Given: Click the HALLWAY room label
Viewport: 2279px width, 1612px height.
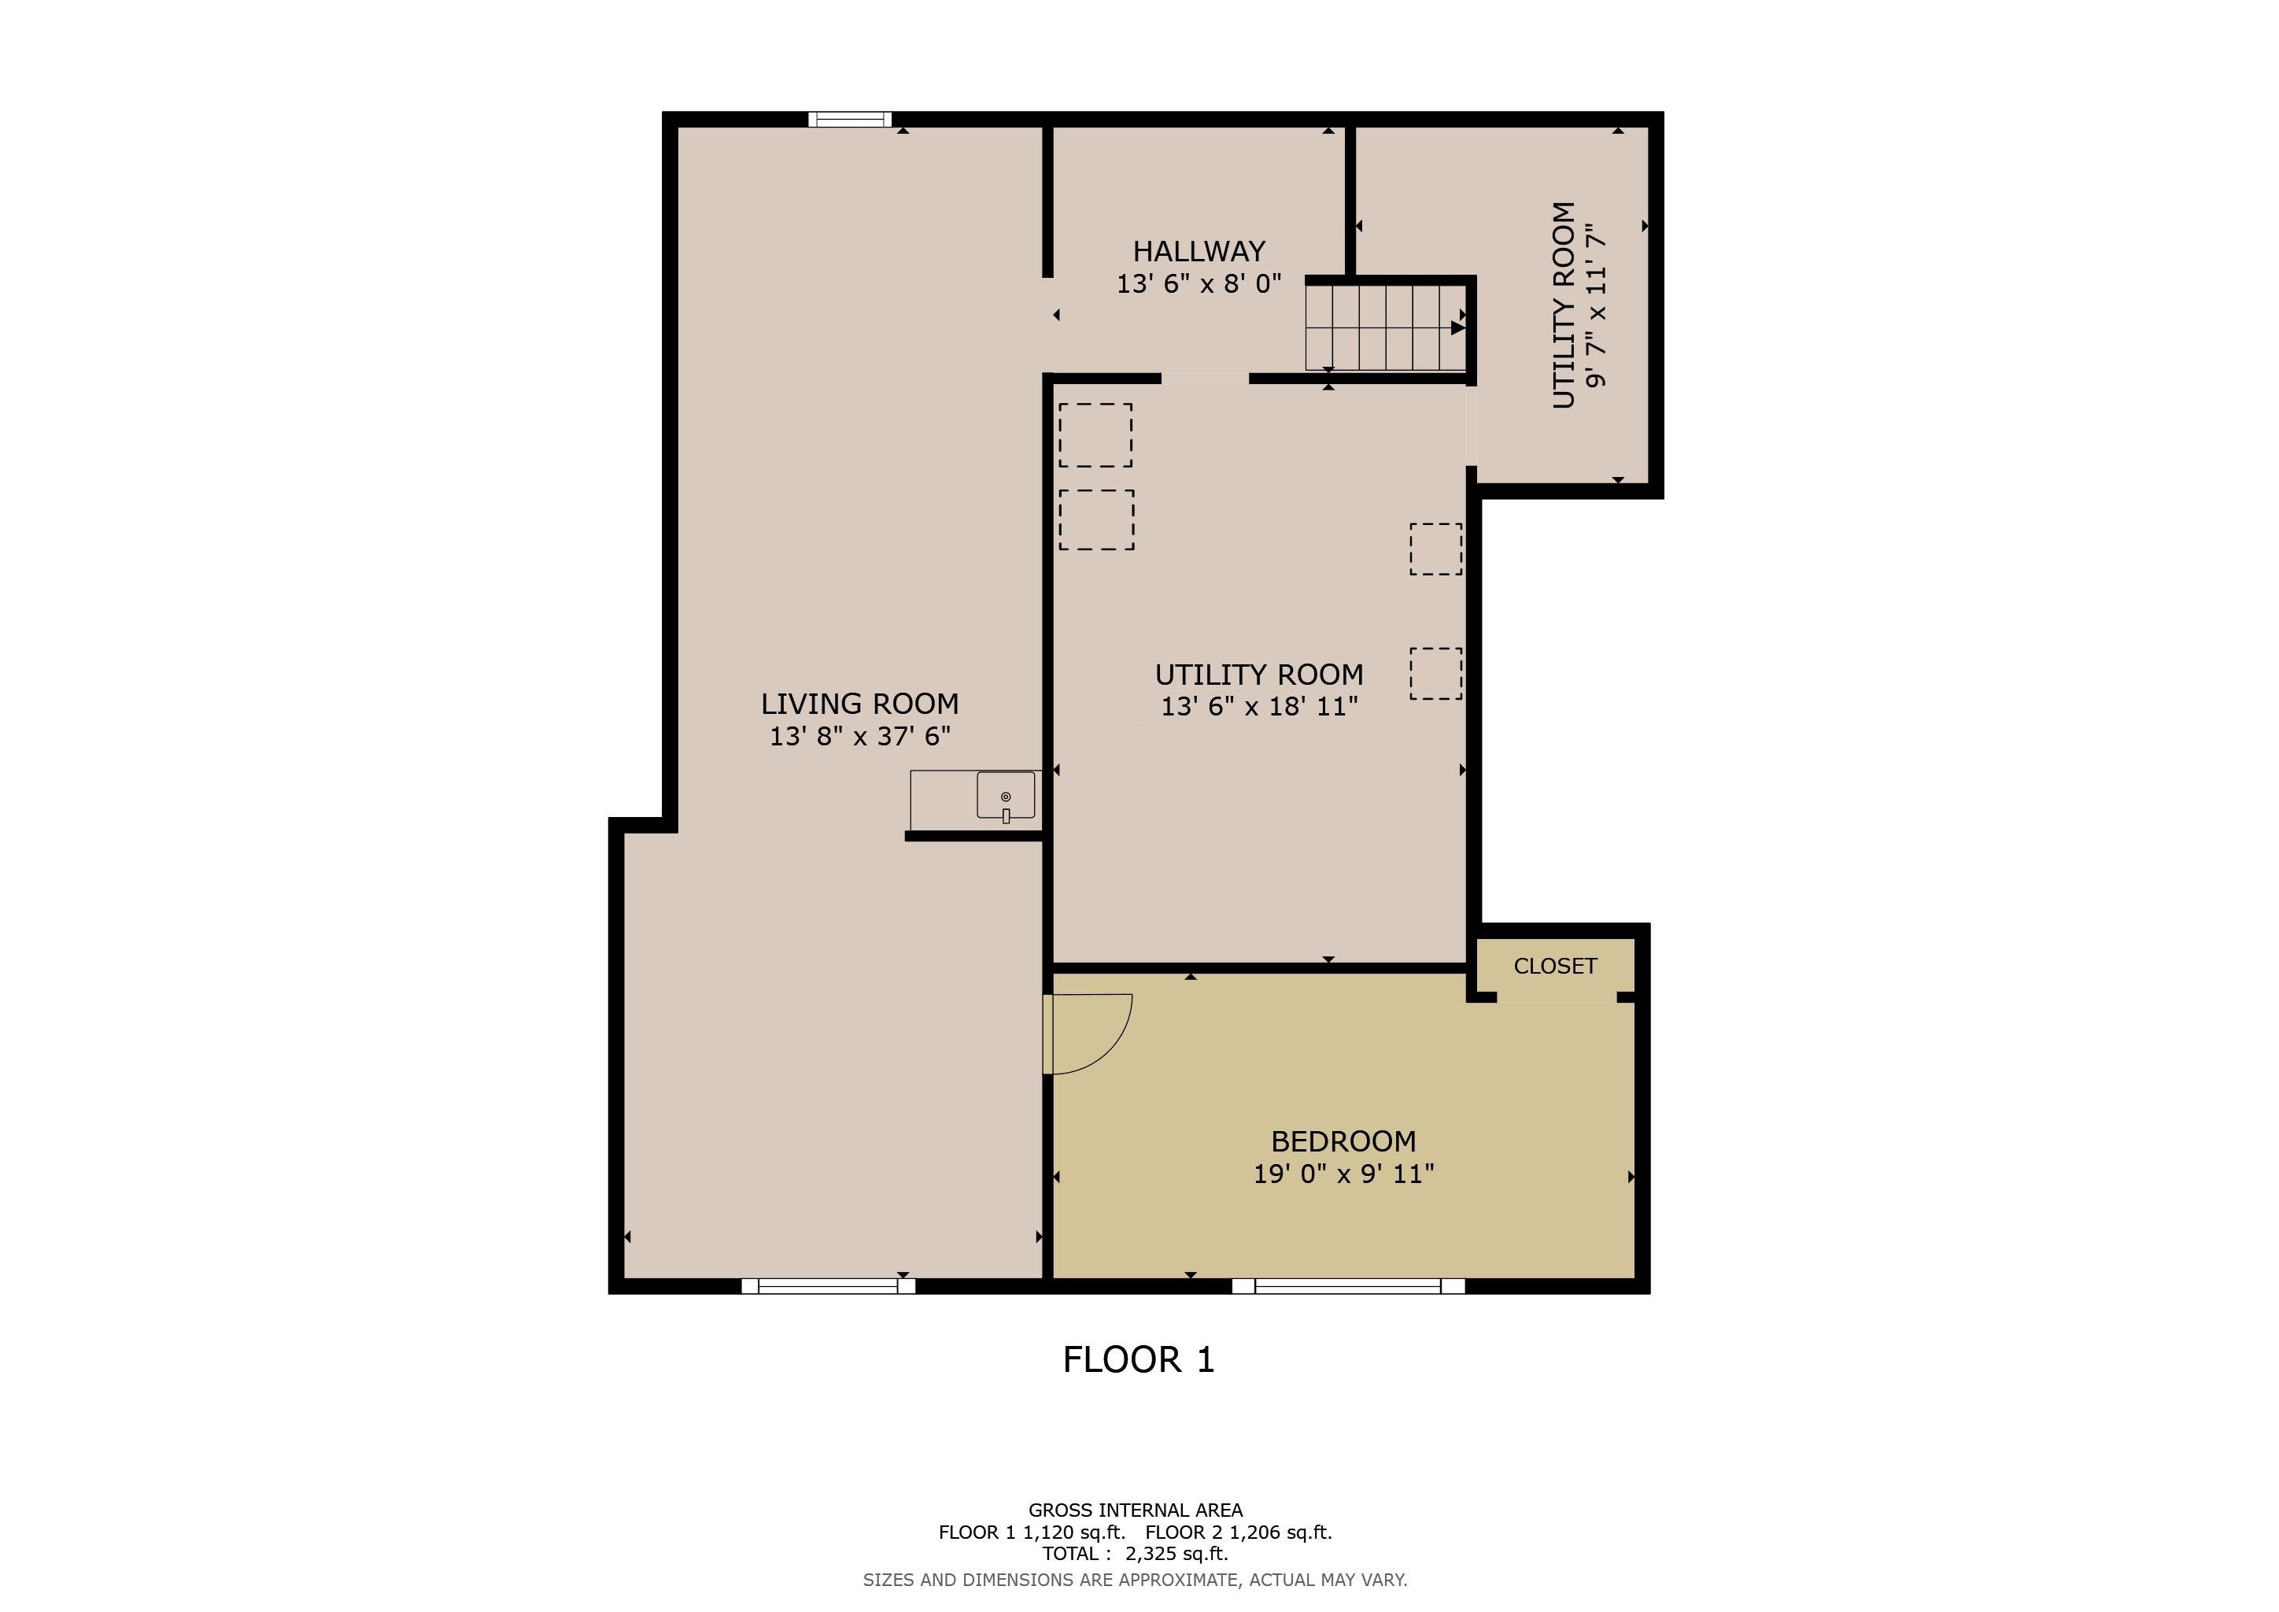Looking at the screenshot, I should pos(1199,251).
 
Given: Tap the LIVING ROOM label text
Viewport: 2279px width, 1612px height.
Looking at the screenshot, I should pos(859,704).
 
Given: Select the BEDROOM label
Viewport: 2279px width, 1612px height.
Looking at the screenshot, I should pos(1343,1141).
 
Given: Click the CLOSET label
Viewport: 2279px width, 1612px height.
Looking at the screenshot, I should pos(1554,966).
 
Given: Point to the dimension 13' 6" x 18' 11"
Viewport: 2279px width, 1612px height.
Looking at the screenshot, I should pos(1258,707).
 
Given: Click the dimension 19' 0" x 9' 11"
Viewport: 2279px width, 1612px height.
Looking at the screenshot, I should pos(1343,1174).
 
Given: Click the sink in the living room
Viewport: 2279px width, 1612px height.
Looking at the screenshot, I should pos(1006,796).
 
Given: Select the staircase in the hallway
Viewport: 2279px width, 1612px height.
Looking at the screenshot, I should pos(1385,327).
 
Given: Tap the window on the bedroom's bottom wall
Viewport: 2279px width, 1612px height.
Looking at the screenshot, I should pos(1348,1286).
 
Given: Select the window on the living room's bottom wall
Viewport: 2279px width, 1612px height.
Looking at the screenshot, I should pos(828,1286).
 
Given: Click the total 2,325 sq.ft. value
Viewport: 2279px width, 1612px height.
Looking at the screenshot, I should pos(1176,1555).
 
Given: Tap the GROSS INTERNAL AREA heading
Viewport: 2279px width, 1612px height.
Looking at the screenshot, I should pos(1135,1510).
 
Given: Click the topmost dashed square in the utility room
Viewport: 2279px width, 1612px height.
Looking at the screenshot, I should pos(1095,434).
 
